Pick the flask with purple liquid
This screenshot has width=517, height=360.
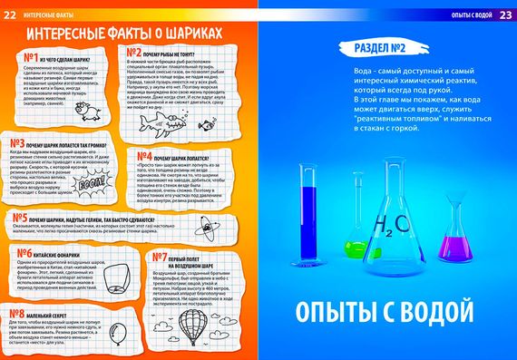point(453,240)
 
